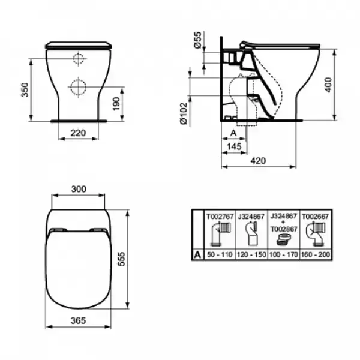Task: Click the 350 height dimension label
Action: point(25,90)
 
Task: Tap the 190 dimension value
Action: point(116,104)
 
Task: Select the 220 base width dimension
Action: point(78,133)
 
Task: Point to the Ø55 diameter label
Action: point(197,40)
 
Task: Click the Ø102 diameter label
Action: point(184,113)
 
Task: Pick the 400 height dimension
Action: point(329,85)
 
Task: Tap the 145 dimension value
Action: point(234,146)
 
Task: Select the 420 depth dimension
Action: point(258,161)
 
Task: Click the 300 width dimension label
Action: point(79,189)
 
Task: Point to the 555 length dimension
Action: point(121,259)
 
